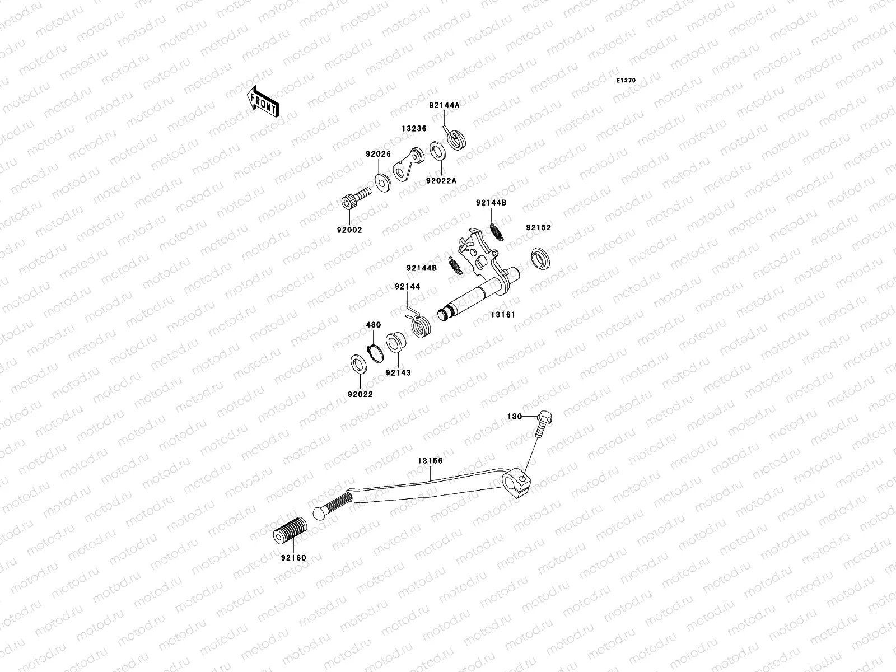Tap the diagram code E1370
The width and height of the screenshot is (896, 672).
[x=626, y=81]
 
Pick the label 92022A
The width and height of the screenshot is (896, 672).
[x=441, y=180]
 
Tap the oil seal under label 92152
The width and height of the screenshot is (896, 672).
[x=540, y=258]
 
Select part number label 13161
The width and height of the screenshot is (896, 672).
[x=503, y=314]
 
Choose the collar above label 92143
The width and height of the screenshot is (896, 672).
[x=396, y=342]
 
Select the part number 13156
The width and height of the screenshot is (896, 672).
[x=430, y=461]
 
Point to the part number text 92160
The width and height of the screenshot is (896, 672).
[x=294, y=558]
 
